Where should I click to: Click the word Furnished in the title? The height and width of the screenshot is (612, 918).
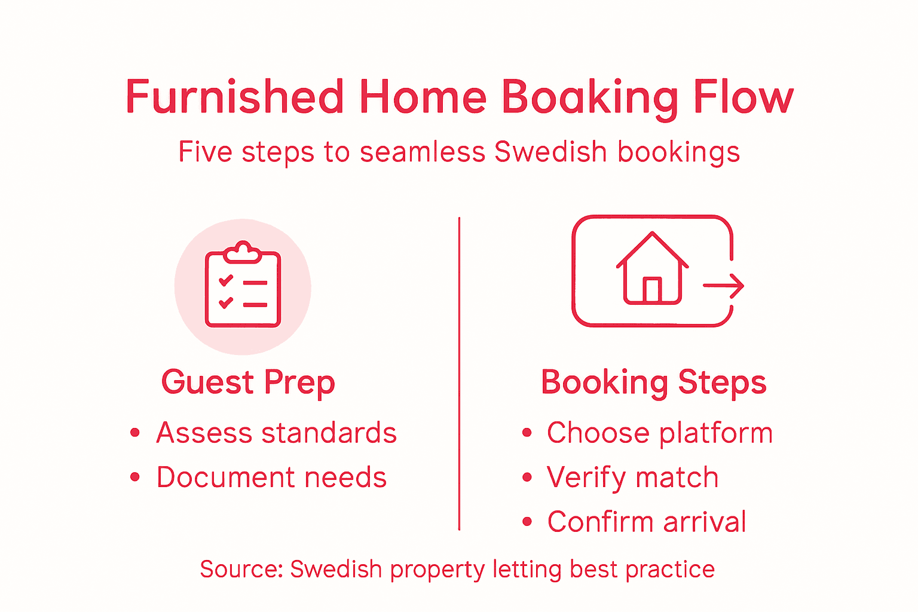tap(234, 97)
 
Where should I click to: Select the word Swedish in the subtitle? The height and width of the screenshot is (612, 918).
tap(550, 152)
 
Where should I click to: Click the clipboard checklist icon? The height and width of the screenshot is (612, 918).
tap(243, 286)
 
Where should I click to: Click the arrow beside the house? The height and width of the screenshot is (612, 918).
tap(724, 286)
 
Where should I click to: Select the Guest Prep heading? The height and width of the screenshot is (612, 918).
tap(248, 382)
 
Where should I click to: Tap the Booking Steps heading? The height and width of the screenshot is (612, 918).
tap(653, 382)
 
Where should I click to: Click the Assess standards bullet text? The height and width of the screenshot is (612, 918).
tap(276, 433)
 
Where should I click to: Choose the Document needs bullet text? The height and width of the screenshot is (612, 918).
tap(271, 478)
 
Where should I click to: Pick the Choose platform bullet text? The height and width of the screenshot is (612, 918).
tap(660, 433)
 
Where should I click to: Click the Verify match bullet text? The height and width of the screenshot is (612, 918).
tap(632, 478)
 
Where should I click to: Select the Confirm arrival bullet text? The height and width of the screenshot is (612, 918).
tap(647, 522)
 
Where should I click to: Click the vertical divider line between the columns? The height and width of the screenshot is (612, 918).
tap(459, 374)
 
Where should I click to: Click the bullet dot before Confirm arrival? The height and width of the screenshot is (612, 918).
tap(527, 522)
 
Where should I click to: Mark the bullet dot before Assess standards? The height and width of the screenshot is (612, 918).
tap(135, 433)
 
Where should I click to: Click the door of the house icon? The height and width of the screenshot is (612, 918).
tap(652, 290)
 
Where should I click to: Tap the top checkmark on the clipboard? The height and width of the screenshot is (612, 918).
tap(226, 280)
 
